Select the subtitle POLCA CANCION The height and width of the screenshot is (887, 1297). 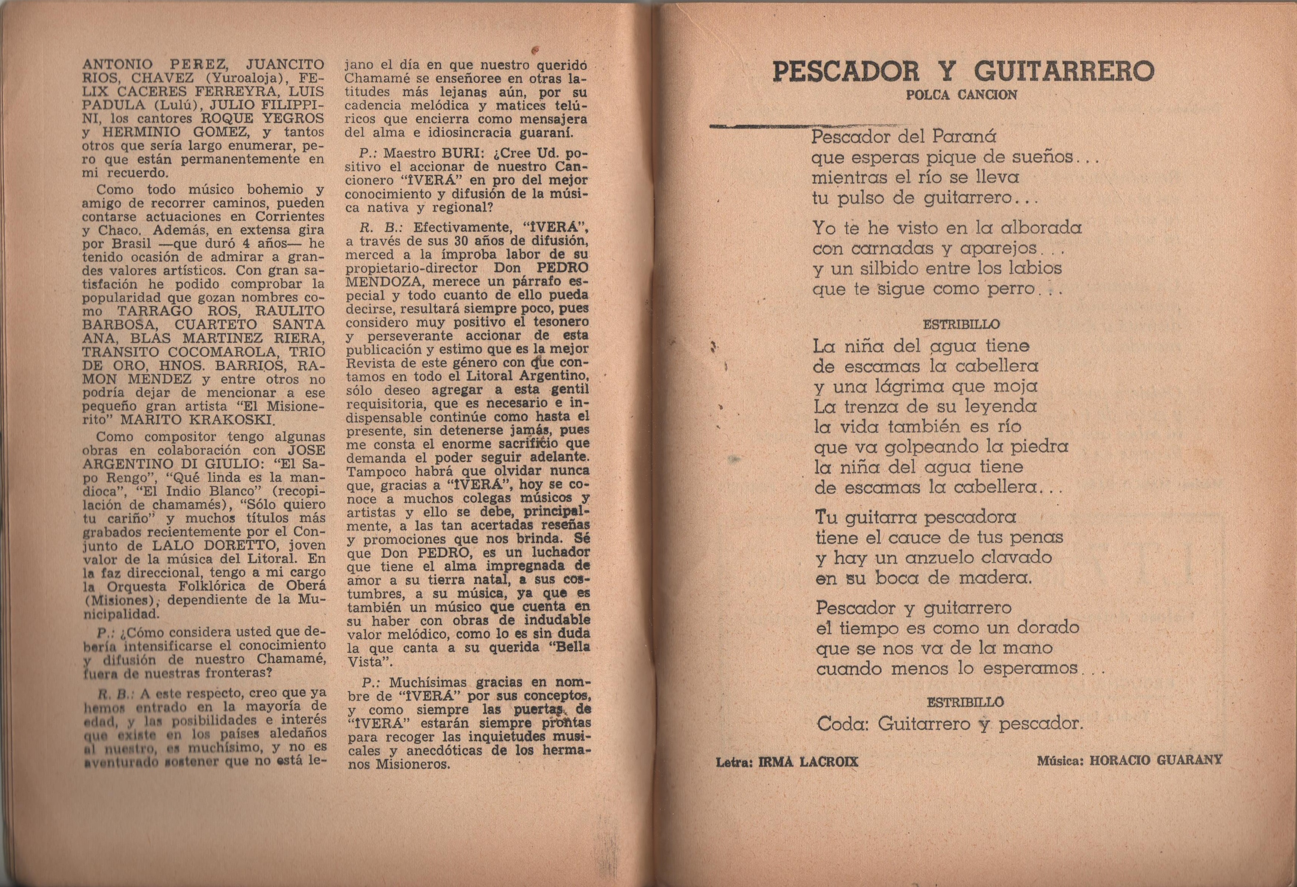click(961, 95)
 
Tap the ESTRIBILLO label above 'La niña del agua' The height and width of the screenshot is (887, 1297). click(961, 324)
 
